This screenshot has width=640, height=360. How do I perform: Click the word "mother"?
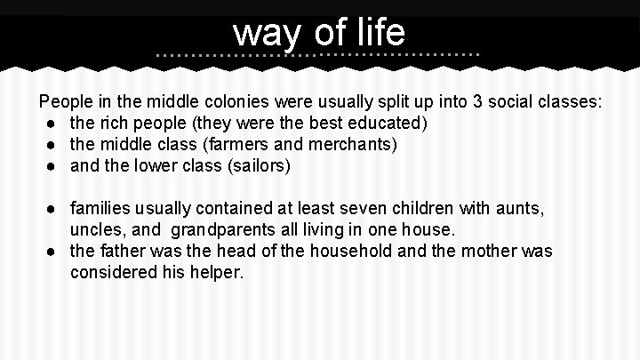tap(464, 252)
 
